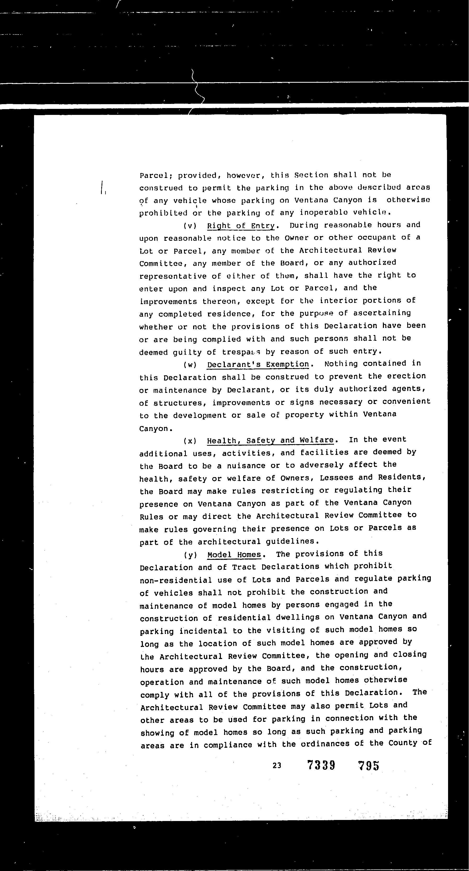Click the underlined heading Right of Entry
pyautogui.click(x=241, y=226)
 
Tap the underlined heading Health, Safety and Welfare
pyautogui.click(x=270, y=440)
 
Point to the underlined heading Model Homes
pyautogui.click(x=234, y=555)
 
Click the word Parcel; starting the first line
pyautogui.click(x=156, y=176)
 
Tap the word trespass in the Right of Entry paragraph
pyautogui.click(x=241, y=352)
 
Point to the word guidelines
pyautogui.click(x=290, y=541)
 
